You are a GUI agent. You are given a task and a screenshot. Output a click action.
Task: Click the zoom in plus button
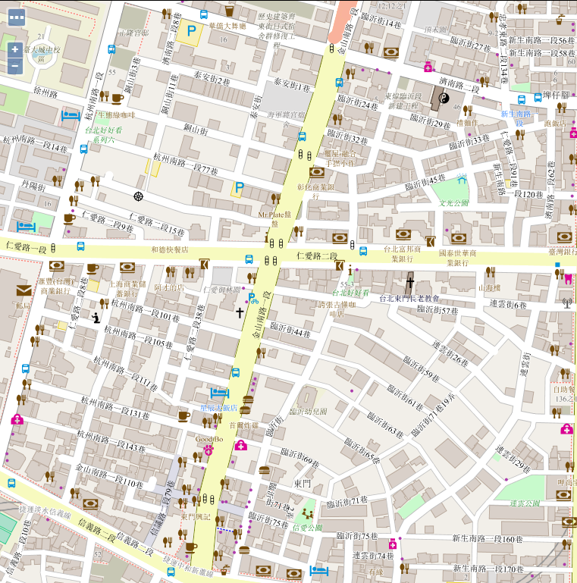point(14,49)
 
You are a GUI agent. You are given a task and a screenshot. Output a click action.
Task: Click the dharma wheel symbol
point(138,196)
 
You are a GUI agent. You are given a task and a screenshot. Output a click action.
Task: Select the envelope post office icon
point(23,290)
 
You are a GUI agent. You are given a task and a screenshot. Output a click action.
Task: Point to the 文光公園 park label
point(454,202)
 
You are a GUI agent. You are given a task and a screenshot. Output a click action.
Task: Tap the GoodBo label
point(209,439)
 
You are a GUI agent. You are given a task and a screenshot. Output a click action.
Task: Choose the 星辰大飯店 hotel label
point(218,407)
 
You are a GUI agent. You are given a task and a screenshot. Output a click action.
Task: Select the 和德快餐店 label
point(169,249)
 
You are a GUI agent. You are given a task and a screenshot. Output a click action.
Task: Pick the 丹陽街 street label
point(34,186)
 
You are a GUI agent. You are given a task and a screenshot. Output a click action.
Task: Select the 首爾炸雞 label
point(244,425)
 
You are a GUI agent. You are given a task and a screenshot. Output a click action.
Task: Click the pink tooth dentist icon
point(564,277)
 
